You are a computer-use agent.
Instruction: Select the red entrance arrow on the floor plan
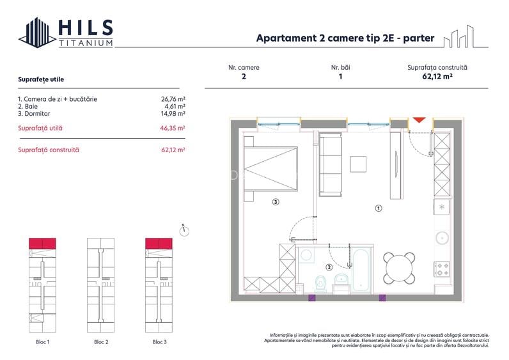click(x=419, y=120)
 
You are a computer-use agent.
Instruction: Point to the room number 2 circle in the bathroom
click(x=329, y=268)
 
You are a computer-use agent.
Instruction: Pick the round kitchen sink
click(x=442, y=238)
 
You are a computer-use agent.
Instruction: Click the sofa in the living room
click(x=331, y=164)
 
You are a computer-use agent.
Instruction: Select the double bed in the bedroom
click(x=271, y=169)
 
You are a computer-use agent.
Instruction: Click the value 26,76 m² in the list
click(x=173, y=99)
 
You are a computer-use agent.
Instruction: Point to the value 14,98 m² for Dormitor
click(x=173, y=113)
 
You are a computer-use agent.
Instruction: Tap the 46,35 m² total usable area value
click(x=173, y=129)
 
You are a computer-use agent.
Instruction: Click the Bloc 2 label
click(x=101, y=342)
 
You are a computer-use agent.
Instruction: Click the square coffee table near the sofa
click(x=359, y=164)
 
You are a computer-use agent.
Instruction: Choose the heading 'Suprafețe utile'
click(x=41, y=79)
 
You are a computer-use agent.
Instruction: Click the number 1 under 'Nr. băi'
click(x=340, y=76)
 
